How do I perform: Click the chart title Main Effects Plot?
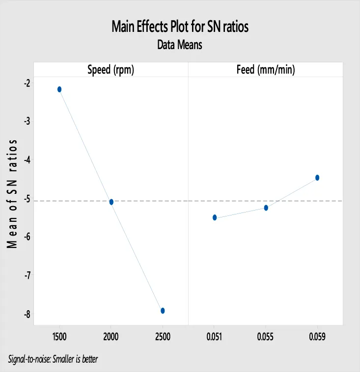180,27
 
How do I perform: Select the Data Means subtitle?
180,45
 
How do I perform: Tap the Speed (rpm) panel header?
111,70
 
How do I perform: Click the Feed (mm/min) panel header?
266,70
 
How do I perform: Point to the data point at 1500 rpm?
59,89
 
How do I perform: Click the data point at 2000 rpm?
111,202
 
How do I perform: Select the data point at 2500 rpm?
163,311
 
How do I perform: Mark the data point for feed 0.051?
215,217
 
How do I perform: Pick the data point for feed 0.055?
266,208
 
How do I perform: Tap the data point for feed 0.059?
317,178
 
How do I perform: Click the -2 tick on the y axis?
27,83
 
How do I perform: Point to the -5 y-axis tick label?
27,199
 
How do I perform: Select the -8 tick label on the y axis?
27,315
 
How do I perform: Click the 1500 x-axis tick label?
59,338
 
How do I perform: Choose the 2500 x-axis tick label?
163,338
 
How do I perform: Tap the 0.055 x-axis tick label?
266,338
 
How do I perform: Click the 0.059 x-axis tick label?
317,338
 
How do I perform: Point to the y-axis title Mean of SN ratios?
13,193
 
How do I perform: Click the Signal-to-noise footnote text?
53,359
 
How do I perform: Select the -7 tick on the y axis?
27,276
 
